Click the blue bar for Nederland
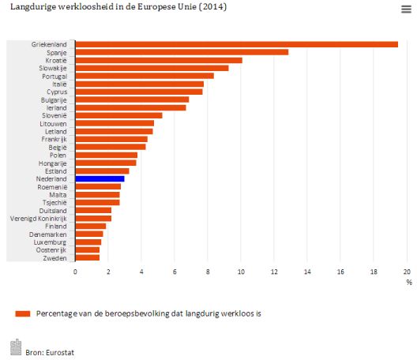coord(100,179)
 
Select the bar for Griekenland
coord(237,44)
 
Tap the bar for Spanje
coord(182,52)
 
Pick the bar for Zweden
coord(88,257)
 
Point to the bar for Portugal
coord(145,76)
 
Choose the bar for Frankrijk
coord(111,139)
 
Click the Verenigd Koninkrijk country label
coord(38,219)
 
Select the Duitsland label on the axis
coord(53,211)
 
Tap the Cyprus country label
coord(57,92)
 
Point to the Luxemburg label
coord(50,242)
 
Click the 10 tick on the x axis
coord(241,272)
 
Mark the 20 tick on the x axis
coord(407,272)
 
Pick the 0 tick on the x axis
coord(75,272)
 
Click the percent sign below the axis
coord(409,283)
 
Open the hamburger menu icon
coord(407,9)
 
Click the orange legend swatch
coord(23,313)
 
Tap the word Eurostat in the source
coord(60,353)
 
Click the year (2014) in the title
coord(212,6)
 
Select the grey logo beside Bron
coord(16,347)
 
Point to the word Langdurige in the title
coord(33,7)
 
